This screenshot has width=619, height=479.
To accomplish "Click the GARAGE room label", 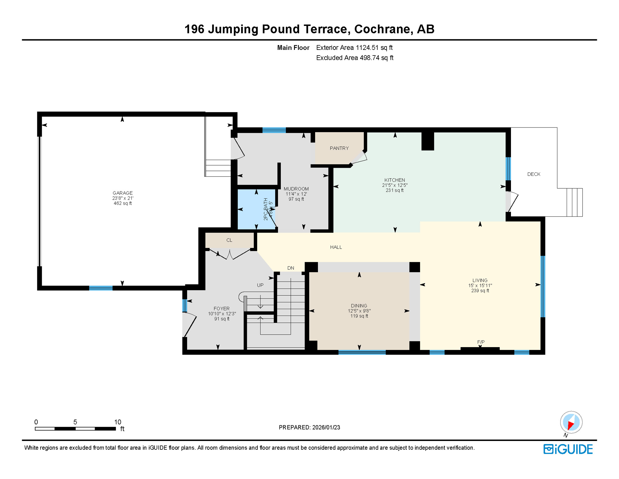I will pos(122,193).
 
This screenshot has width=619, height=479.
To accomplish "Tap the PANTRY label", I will pos(339,148).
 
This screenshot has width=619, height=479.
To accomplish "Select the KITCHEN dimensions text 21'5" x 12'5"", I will pos(395,185).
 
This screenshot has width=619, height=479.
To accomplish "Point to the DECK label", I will pos(533,174).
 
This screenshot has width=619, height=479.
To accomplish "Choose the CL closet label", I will pos(229,240).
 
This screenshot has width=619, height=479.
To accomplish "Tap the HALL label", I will pos(336,247).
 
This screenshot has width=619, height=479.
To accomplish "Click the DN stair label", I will pos(291,268).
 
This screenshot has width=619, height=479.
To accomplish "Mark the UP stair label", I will pos(260,285).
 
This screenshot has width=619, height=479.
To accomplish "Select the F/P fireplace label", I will pos(480,342).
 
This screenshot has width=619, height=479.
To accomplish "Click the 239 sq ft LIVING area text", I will pos(480,291).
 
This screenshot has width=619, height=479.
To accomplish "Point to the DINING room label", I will pos(359,306).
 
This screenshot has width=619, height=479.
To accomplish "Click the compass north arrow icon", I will pos(571,423).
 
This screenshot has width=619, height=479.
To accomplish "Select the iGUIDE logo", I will pos(568,449).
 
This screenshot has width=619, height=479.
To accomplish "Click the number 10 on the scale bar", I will pos(117,422).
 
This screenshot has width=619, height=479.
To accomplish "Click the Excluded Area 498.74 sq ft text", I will pos(354,58).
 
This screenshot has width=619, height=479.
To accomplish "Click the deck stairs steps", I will pos(574,202).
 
